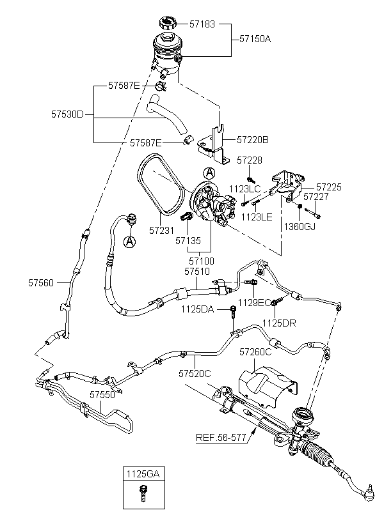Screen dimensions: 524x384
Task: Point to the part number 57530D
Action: [x=68, y=115]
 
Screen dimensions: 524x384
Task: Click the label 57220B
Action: [x=253, y=139]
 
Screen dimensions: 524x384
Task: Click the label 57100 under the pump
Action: [x=202, y=261]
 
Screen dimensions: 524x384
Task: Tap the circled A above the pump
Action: [x=209, y=173]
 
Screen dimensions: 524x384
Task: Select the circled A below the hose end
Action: [x=130, y=242]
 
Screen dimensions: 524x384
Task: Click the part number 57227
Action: [x=316, y=197]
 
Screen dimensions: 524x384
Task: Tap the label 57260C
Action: [x=256, y=352]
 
